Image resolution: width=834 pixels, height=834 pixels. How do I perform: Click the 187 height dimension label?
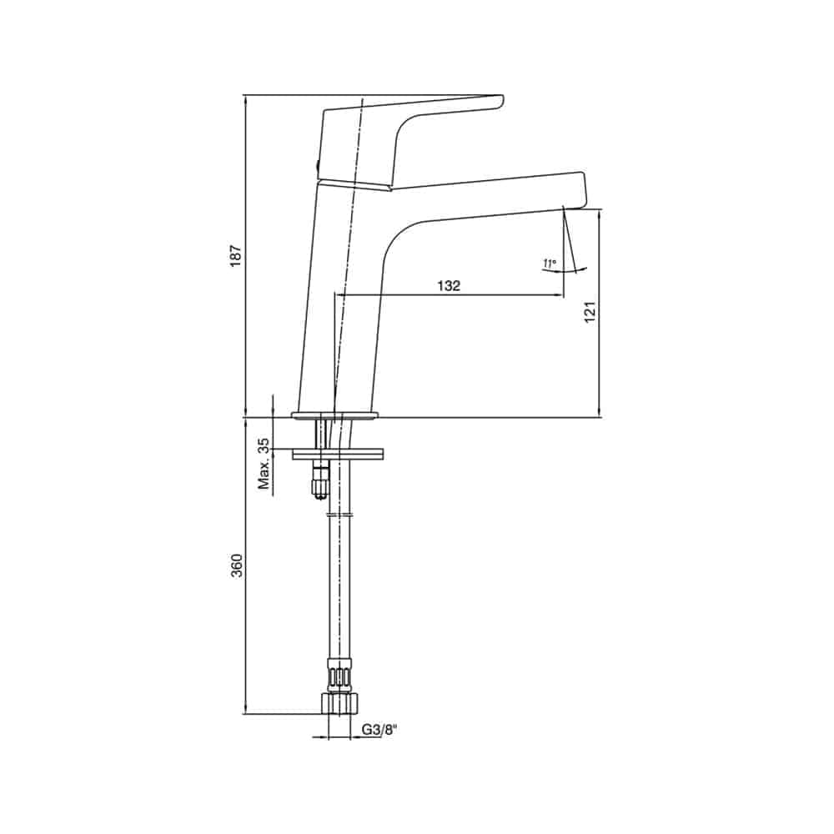236,255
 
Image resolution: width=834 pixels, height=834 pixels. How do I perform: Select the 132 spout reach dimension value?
449,285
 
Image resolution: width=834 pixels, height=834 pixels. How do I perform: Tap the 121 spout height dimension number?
590,312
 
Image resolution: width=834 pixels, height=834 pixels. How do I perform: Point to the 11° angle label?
550,263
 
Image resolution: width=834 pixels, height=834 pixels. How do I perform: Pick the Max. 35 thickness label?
264,464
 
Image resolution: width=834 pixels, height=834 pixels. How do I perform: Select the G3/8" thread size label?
379,730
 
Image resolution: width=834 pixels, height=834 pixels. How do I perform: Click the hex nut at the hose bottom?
340,703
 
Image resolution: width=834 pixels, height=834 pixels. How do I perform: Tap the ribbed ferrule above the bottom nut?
340,676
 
